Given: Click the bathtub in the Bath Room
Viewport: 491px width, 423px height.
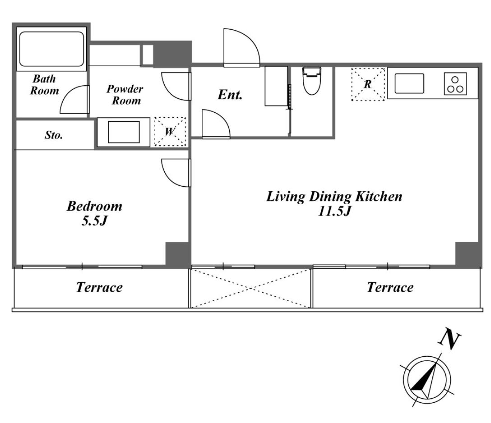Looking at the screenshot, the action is [x=51, y=49].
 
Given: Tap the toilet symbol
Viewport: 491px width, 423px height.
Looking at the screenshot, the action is [x=311, y=81].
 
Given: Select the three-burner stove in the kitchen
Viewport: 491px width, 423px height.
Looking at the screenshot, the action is [x=455, y=84].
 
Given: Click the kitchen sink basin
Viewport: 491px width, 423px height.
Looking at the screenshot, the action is [x=409, y=83].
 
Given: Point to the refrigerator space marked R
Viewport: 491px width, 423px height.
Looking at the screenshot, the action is [x=368, y=84].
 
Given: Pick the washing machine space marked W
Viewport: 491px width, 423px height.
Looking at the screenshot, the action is [x=170, y=131].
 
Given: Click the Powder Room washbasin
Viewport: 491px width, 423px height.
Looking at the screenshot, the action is [x=124, y=132].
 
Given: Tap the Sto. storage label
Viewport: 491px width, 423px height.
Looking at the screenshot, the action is [x=54, y=135].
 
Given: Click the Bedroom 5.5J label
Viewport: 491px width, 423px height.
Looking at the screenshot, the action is [x=95, y=213].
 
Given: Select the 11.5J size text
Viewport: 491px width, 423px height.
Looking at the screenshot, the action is [x=334, y=211].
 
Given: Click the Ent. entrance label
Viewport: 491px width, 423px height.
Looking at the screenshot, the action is [x=230, y=95].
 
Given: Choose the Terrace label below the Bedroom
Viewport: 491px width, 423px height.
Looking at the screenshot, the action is [x=100, y=287].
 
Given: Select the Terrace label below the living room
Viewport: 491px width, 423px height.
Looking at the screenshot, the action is [x=390, y=287].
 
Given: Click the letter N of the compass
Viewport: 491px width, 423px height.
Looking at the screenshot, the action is [x=450, y=338].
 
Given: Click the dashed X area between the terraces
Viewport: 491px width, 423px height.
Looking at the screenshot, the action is [x=250, y=288].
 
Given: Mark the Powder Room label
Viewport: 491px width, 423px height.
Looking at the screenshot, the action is [x=125, y=95].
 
